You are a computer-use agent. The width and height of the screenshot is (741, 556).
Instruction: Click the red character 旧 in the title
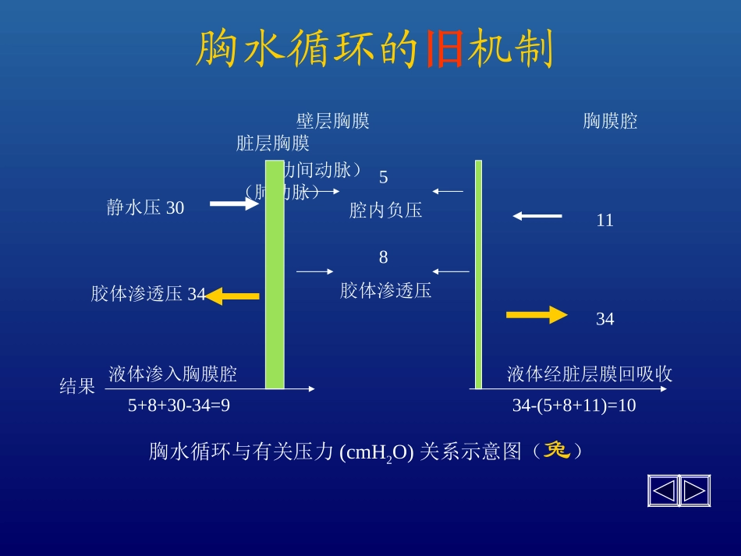click(445, 51)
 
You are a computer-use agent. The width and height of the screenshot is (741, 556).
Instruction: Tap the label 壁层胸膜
click(332, 121)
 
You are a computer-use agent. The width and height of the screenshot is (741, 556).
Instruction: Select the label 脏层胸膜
click(273, 143)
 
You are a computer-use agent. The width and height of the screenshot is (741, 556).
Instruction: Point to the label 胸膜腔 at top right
click(610, 121)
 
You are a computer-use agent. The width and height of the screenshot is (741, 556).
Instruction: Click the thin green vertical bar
click(478, 273)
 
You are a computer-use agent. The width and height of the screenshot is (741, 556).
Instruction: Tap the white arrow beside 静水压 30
click(234, 204)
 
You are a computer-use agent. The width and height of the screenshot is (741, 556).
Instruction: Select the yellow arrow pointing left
click(232, 296)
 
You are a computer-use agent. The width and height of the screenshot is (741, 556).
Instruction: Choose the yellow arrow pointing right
click(537, 315)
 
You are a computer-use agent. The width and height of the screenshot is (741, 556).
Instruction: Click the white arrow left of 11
click(537, 216)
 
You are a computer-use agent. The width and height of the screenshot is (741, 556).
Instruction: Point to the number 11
click(604, 221)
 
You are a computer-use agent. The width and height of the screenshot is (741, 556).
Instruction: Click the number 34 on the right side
click(604, 319)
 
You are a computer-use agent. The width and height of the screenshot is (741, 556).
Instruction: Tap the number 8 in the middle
click(383, 257)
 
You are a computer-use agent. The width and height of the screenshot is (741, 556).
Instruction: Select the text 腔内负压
click(385, 211)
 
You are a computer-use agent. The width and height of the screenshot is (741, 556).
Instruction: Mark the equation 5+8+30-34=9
click(179, 405)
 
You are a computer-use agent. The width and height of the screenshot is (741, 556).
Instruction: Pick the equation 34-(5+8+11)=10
click(573, 405)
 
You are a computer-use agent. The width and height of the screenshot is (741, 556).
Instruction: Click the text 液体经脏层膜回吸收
click(590, 374)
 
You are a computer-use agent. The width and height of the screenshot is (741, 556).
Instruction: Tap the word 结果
click(77, 386)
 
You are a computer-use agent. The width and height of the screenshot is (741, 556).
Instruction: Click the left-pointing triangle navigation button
click(663, 490)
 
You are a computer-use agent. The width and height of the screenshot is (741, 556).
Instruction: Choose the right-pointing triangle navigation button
click(694, 490)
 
